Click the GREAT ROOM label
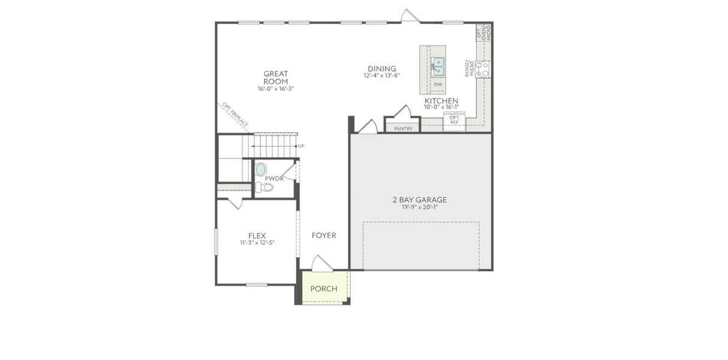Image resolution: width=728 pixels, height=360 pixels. click(x=275, y=77)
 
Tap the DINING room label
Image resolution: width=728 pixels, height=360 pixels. click(x=381, y=68)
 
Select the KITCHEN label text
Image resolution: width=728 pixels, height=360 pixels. click(x=441, y=101)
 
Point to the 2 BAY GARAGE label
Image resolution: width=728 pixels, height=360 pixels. click(x=420, y=200)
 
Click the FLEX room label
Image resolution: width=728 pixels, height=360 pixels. click(x=257, y=236)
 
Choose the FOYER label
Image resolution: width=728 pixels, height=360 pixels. click(x=324, y=235)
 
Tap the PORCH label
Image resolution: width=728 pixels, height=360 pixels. click(x=324, y=289)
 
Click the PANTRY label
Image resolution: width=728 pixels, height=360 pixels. click(x=403, y=128)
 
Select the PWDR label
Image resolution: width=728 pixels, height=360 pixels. click(x=274, y=179)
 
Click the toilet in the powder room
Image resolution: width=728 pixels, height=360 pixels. click(x=264, y=188)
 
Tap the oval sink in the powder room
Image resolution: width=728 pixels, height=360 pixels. click(x=261, y=170)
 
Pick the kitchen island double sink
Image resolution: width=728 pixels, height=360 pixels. click(x=438, y=65)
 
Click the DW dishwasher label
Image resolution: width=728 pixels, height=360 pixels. click(x=438, y=85)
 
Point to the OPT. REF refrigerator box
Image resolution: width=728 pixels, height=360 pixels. click(x=454, y=120)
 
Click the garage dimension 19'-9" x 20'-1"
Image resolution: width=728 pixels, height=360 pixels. click(x=420, y=208)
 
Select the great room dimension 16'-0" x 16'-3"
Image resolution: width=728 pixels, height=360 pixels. click(x=275, y=88)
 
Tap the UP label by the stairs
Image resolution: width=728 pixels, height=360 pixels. click(x=301, y=146)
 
